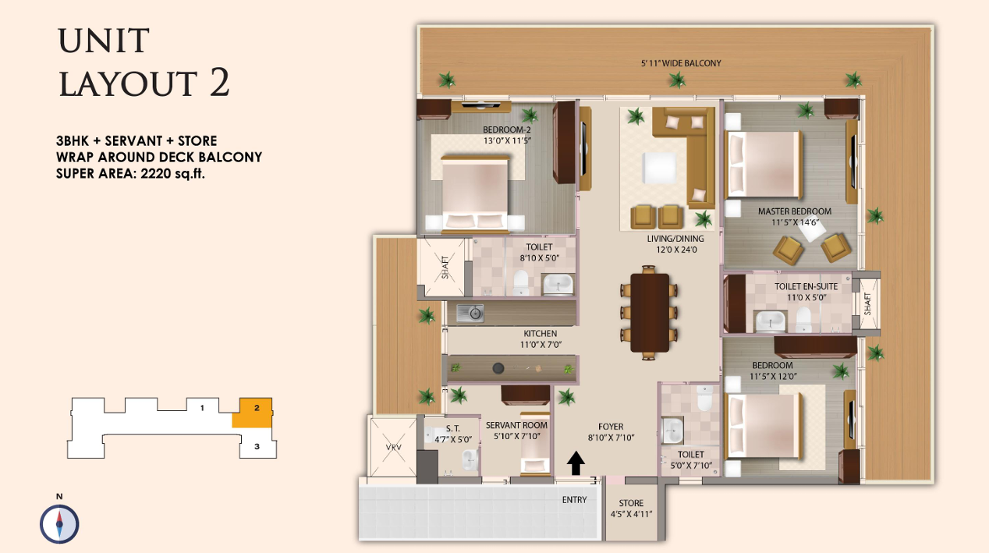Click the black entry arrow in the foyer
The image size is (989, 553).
(x=576, y=463)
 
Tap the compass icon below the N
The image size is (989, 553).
(x=59, y=524)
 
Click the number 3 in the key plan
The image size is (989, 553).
(x=257, y=447)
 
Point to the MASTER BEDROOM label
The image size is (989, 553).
(x=795, y=211)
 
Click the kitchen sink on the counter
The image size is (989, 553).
(x=470, y=314)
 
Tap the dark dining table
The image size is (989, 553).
(x=650, y=313)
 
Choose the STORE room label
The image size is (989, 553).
(x=631, y=503)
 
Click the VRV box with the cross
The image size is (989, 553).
(x=393, y=447)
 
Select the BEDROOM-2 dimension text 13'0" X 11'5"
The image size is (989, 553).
(x=507, y=141)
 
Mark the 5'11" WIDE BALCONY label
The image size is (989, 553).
(x=681, y=63)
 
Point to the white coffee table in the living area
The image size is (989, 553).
(x=659, y=168)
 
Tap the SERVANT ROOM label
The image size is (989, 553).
(x=516, y=425)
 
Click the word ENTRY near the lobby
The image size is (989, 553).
(x=574, y=500)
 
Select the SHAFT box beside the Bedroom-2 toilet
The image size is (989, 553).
(x=441, y=268)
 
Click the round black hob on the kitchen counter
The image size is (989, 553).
(x=498, y=368)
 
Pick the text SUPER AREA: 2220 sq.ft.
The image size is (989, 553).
(x=130, y=174)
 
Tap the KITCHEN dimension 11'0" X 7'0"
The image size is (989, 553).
(x=541, y=345)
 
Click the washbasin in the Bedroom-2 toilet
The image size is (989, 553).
(x=558, y=284)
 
